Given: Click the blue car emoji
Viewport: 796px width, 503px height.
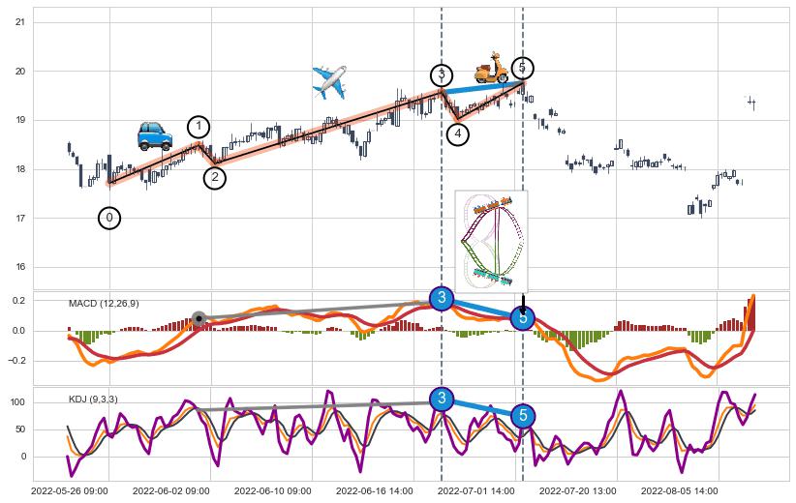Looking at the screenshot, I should pos(155,135).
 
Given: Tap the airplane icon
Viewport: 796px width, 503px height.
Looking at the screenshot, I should pos(329,82).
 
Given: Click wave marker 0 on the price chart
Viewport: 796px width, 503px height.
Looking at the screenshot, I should pos(109,219).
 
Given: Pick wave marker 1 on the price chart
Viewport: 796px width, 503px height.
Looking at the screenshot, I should pos(199,127).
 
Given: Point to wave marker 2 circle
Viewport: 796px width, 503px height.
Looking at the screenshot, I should pos(215,178).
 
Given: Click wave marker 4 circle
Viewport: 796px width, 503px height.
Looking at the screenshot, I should pos(458,134).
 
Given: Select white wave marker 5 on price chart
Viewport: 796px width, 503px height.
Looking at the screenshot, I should pos(522,68).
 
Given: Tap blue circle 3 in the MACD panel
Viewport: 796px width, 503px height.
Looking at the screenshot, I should pos(442,298).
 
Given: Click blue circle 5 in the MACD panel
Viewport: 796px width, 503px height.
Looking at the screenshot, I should pos(522,317).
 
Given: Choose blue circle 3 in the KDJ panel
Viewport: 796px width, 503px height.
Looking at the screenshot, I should pos(442,399).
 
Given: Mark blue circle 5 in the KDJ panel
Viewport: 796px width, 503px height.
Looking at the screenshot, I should pos(522,416).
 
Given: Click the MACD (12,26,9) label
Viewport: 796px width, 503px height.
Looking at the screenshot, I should pos(104,304).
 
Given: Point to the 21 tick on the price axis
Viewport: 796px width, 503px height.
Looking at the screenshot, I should pos(20,22).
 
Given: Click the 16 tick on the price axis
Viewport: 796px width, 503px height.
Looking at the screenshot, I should pos(20,268).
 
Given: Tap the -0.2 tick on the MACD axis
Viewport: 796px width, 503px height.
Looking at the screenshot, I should pos(17,361).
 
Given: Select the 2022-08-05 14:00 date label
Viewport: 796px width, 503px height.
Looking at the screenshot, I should pos(680,491).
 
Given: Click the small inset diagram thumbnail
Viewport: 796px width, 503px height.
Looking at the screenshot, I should pos(492,238).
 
